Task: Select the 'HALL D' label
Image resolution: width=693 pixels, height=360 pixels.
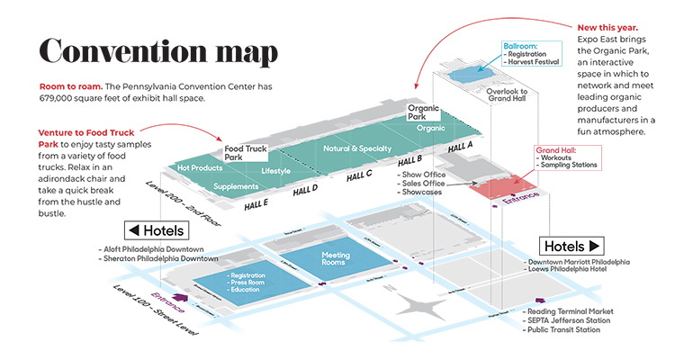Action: [x=306, y=189]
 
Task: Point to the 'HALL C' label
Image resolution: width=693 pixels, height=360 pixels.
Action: [x=358, y=175]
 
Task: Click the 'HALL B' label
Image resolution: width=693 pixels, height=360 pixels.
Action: [x=409, y=160]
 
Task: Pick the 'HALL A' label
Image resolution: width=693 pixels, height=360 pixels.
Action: [x=459, y=146]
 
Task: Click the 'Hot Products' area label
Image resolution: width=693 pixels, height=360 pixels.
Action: [x=200, y=168]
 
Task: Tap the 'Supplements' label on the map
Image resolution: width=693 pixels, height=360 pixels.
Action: [x=236, y=186]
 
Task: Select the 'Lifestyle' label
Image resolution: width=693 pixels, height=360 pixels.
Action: [x=275, y=170]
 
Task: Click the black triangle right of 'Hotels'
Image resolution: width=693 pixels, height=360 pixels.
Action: [x=596, y=245]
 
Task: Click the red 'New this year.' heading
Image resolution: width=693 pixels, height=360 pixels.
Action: [x=610, y=29]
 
